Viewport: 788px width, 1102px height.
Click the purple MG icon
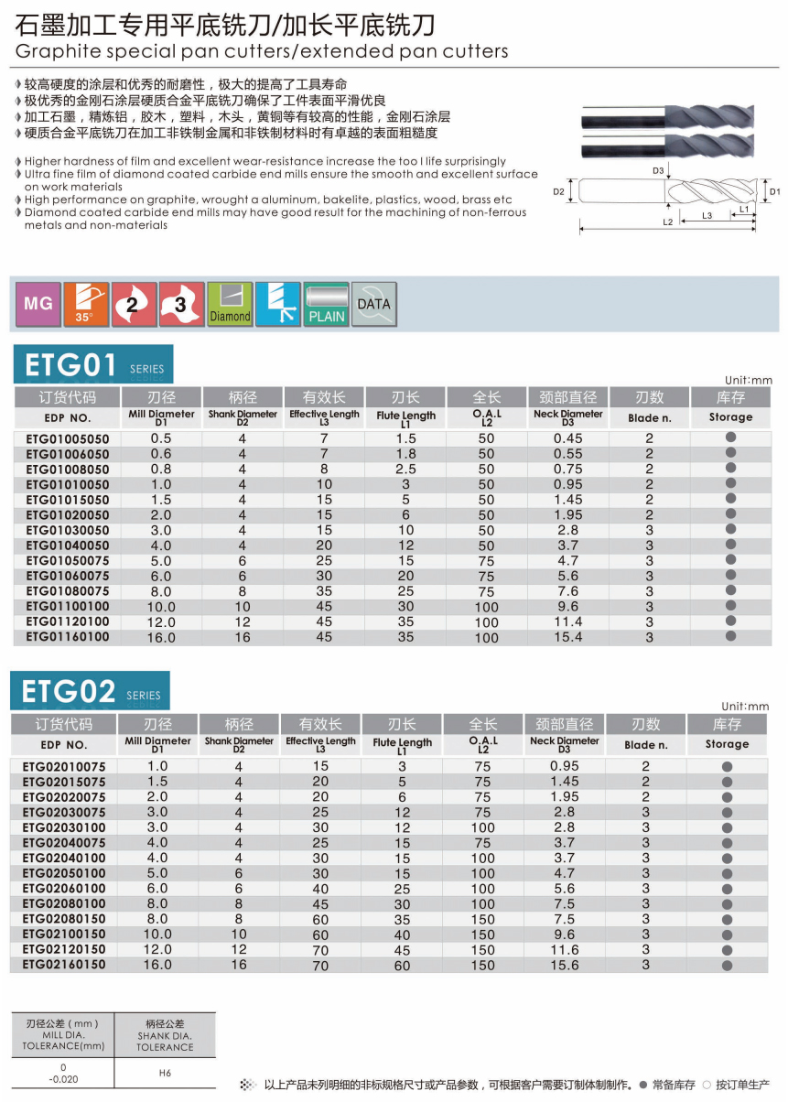[38, 304]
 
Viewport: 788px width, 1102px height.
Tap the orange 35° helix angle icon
[85, 304]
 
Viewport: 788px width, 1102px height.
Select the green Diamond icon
[230, 304]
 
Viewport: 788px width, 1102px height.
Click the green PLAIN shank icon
[326, 304]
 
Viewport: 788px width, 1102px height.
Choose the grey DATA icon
[373, 304]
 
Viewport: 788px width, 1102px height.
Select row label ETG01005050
[67, 438]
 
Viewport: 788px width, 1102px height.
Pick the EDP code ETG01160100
[67, 637]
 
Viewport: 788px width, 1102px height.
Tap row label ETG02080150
[64, 919]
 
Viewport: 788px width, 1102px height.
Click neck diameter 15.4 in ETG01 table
[567, 637]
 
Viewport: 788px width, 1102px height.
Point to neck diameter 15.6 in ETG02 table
[565, 965]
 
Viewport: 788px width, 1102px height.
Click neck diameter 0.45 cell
[567, 438]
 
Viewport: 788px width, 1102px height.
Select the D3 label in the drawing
[658, 170]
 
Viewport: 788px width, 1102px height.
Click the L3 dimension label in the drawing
[707, 215]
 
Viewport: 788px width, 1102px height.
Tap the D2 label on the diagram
[559, 192]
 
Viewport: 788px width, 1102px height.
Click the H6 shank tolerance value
[165, 1073]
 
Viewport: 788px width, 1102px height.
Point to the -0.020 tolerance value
[62, 1078]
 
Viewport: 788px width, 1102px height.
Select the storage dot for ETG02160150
[727, 965]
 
